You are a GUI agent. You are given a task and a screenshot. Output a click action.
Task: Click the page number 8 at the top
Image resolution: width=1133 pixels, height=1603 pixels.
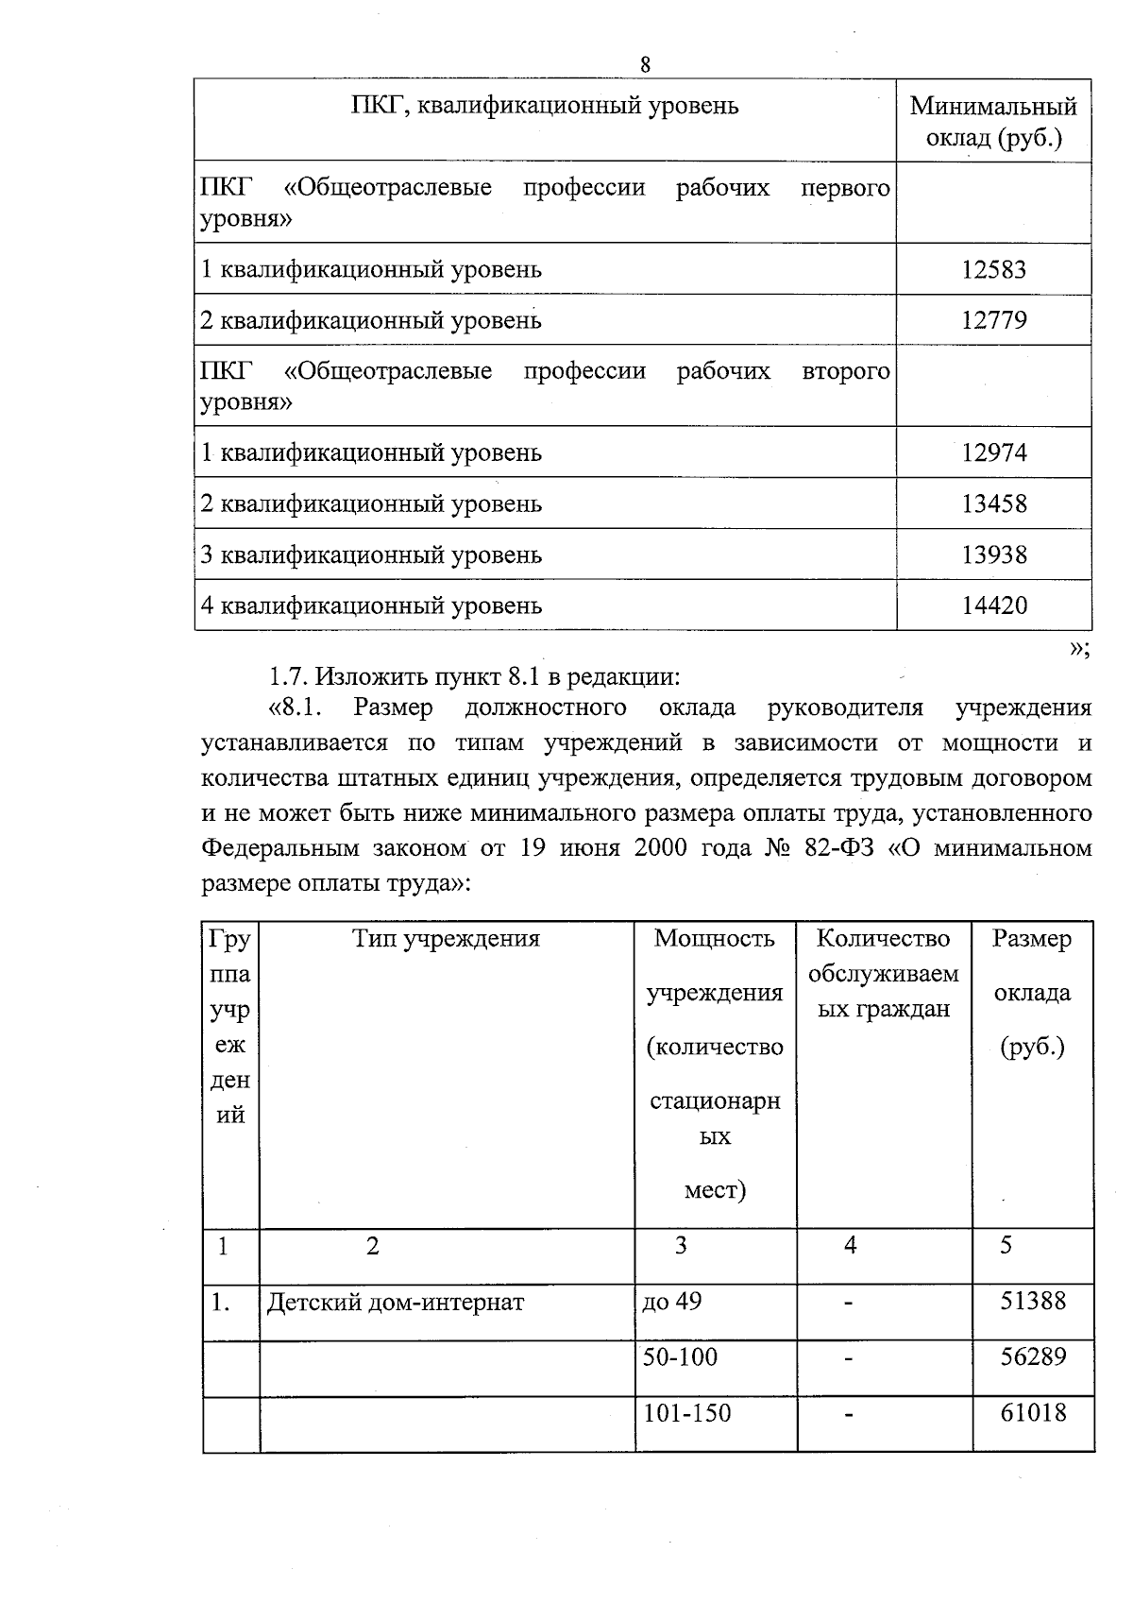[x=645, y=65]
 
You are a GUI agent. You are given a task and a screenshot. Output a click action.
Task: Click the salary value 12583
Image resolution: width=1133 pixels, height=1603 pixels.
[x=993, y=270]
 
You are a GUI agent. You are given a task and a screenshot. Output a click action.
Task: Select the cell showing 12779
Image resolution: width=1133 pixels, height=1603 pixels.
[x=993, y=320]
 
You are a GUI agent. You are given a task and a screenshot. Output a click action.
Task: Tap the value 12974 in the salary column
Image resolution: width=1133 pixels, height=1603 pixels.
[x=993, y=453]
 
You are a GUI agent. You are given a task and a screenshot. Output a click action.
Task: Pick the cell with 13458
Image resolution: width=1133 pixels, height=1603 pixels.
[x=993, y=504]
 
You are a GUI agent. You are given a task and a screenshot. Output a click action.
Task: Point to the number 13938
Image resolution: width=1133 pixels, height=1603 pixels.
[x=993, y=555]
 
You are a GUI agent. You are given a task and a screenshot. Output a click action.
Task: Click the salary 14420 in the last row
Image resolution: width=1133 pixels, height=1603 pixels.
[x=993, y=605]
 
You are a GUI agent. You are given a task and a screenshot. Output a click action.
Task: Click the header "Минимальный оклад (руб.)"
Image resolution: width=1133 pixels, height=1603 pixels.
[x=993, y=122]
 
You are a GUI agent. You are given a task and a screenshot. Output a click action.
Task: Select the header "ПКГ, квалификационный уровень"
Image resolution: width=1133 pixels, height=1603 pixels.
[x=545, y=106]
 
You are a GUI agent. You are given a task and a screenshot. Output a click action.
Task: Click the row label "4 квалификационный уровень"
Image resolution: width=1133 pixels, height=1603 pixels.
[x=371, y=605]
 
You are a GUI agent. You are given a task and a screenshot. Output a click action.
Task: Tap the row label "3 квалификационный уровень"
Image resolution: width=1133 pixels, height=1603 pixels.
[x=371, y=555]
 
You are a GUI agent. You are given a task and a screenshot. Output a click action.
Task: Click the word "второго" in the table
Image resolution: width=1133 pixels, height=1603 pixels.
[x=846, y=371]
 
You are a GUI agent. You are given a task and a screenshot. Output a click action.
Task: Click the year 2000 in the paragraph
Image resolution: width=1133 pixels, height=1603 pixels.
[x=661, y=848]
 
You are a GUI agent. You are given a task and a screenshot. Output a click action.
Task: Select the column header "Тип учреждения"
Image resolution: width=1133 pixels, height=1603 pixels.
[x=446, y=939]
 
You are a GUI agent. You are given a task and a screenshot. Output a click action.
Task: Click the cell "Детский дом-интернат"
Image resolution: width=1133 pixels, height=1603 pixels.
[x=395, y=1303]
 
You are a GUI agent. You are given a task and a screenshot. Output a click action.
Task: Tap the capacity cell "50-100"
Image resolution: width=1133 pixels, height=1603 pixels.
[x=680, y=1357]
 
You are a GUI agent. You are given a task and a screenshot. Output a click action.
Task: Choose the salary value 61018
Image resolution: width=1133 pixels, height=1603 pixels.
[x=1033, y=1413]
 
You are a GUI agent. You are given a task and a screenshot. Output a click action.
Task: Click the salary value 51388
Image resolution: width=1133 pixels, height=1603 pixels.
[x=1033, y=1302]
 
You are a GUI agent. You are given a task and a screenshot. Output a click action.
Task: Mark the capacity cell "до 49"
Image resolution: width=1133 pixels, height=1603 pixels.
[x=671, y=1302]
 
